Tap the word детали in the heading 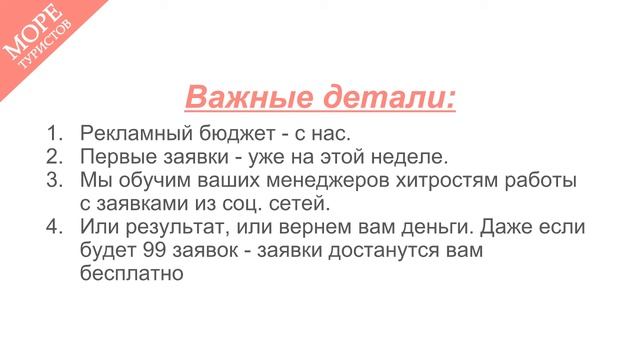coord(386,98)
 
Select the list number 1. coord(54,134)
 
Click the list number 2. coord(54,157)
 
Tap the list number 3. coord(54,181)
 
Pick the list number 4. coord(54,227)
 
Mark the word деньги coord(451,227)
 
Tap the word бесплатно coord(130,273)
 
